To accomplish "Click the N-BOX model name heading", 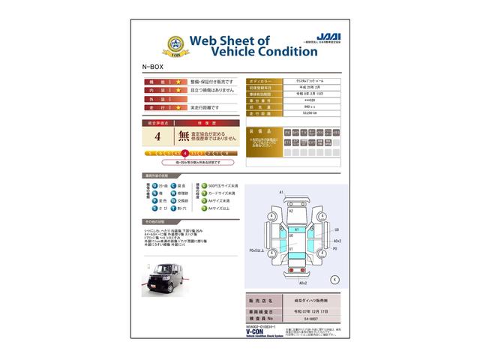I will (x=151, y=66).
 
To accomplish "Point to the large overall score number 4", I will (x=157, y=137).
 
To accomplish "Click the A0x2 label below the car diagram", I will (x=303, y=283).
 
